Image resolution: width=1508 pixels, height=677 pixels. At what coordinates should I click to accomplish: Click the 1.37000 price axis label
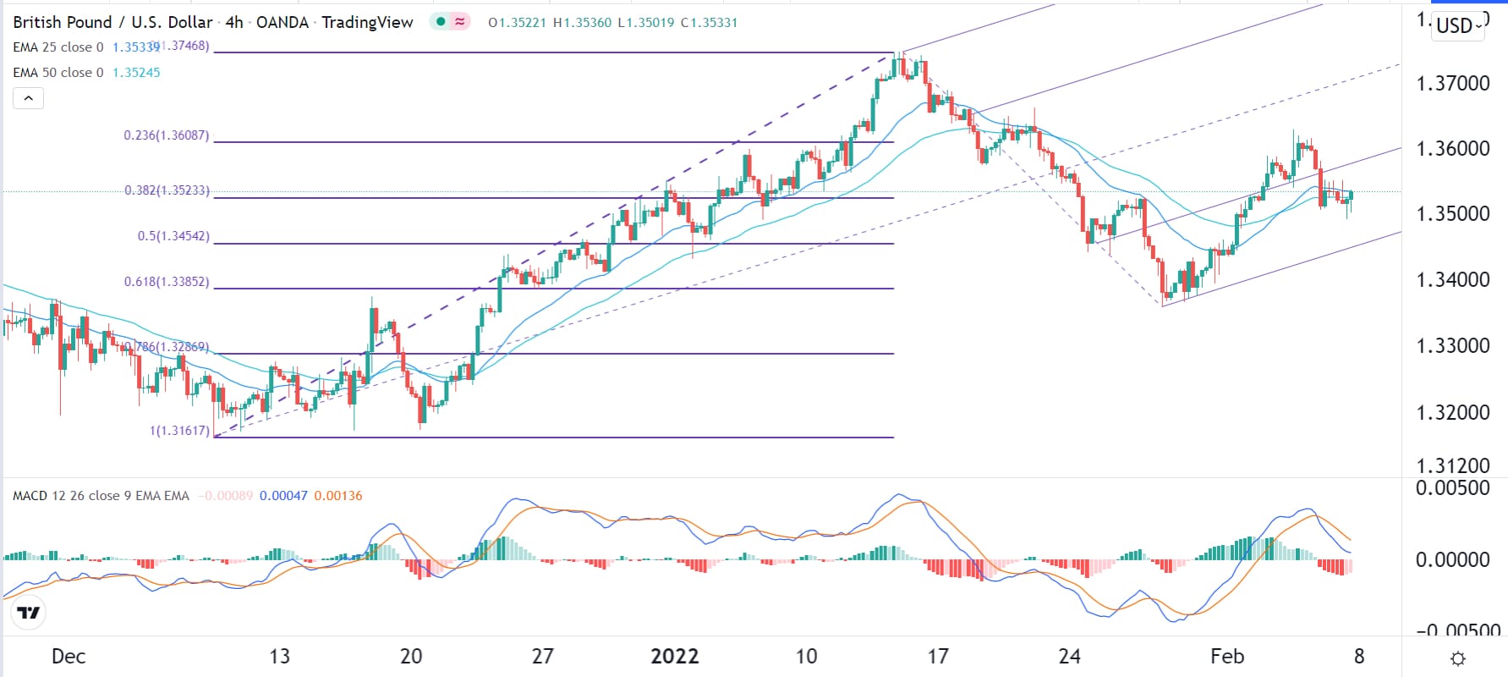click(1452, 83)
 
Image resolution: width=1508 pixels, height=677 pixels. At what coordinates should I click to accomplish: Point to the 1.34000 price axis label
click(1452, 279)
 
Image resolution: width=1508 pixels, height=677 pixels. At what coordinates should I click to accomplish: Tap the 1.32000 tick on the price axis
click(1452, 412)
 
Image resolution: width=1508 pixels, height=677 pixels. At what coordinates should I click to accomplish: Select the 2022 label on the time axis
click(674, 657)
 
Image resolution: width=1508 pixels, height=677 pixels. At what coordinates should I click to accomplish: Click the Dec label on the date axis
click(69, 657)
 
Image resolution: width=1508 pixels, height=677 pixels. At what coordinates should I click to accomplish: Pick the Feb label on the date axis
click(1227, 657)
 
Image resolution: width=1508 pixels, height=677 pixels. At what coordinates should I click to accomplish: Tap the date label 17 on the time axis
click(937, 657)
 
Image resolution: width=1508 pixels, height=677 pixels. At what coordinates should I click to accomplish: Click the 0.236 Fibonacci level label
click(167, 135)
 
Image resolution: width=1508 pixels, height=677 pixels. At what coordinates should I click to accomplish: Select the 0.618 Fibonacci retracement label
click(167, 282)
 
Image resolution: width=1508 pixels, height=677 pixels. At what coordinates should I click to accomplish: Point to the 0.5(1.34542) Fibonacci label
click(173, 236)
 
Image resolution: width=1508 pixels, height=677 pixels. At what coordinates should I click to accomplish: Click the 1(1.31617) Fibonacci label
click(179, 431)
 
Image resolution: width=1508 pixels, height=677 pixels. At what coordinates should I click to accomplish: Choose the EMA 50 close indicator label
click(58, 73)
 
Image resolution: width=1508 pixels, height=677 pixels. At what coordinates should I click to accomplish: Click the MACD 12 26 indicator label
click(101, 496)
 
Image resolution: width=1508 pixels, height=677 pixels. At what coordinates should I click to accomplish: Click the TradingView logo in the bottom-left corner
click(29, 613)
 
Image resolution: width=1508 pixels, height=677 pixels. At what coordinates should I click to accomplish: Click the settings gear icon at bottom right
click(1457, 658)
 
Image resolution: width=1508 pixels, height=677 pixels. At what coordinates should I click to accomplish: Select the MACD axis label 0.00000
click(1452, 559)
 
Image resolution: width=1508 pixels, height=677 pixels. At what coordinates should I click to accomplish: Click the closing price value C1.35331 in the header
click(709, 23)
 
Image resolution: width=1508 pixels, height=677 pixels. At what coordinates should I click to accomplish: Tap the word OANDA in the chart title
click(282, 23)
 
